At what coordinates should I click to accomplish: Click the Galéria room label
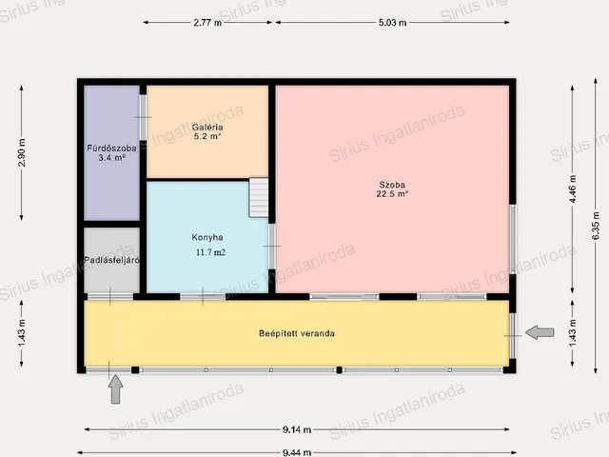pos(207,127)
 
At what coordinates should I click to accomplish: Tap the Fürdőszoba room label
pos(111,149)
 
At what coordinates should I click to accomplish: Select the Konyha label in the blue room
pos(207,237)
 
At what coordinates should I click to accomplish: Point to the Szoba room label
pos(392,185)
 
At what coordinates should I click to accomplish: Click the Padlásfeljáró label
pos(111,260)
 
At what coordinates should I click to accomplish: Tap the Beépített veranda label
pos(297,333)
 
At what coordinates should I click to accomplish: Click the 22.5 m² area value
pos(392,193)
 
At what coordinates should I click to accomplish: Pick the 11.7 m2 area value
pos(210,252)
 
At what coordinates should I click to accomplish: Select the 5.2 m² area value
pos(207,136)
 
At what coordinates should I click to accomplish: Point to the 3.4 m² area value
pos(111,157)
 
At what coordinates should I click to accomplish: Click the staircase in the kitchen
pos(259,197)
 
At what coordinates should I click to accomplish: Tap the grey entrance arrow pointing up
pos(115,389)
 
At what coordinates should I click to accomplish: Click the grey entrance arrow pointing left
pos(540,332)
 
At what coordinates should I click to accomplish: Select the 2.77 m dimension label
pos(207,23)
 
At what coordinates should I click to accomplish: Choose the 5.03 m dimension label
pos(392,23)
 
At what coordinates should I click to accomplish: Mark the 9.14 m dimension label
pos(297,429)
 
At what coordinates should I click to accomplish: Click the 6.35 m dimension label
pos(596,226)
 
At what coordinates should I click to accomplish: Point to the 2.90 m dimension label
pos(22,152)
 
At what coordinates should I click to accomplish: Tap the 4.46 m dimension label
pos(573,189)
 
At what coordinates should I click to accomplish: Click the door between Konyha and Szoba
pos(272,247)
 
